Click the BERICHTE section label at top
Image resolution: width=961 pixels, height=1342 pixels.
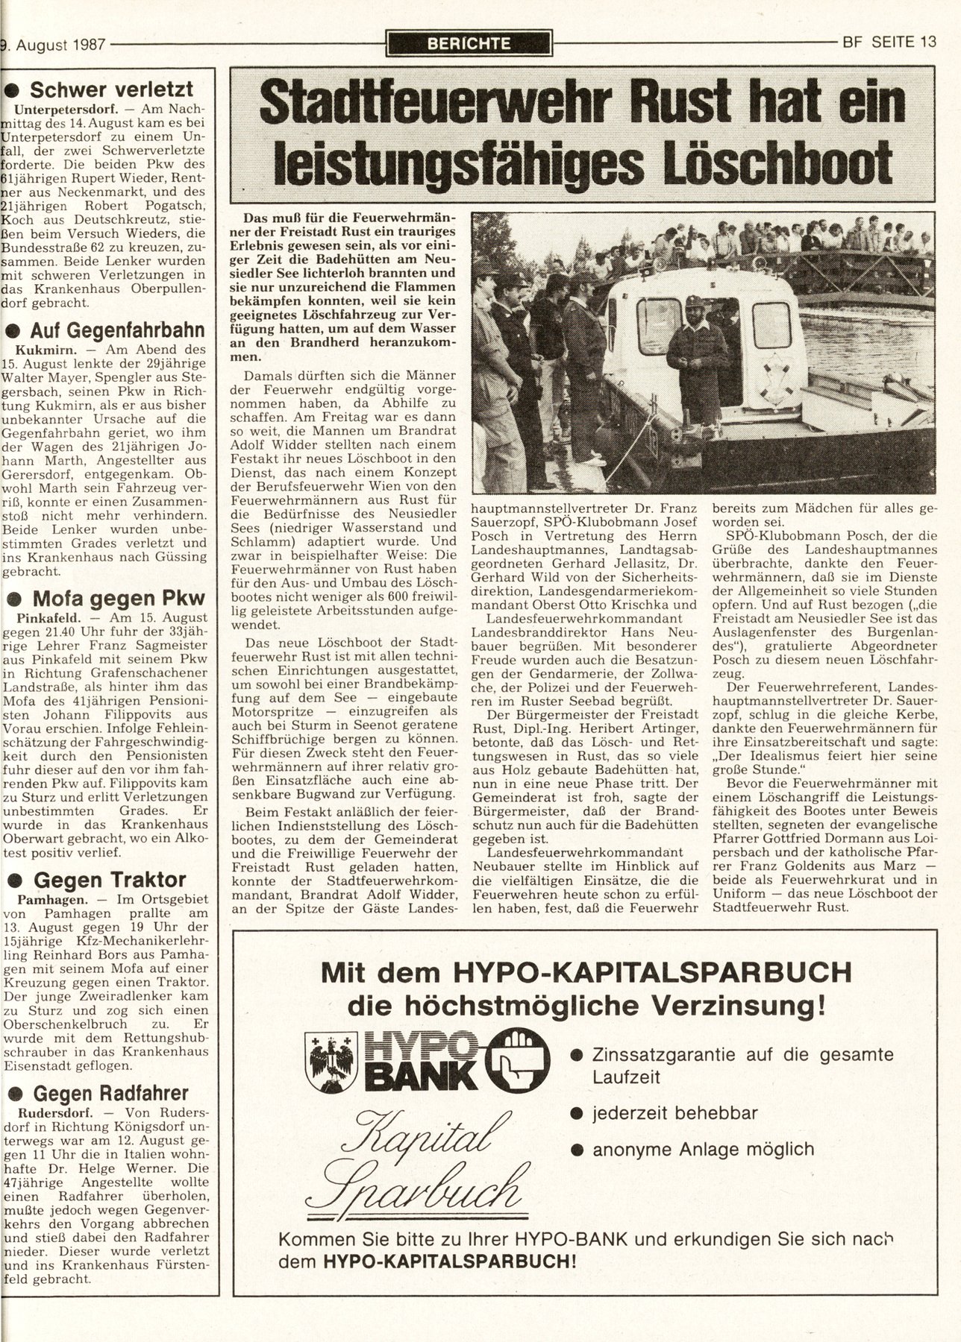(470, 43)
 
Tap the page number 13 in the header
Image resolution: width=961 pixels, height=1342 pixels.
(927, 42)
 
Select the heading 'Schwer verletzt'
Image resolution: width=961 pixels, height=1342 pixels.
(112, 90)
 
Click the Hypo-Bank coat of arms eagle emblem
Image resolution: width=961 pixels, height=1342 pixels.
(328, 1059)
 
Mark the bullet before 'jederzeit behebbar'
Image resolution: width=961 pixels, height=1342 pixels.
(575, 1114)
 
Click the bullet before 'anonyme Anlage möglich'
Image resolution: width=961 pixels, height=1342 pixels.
(575, 1150)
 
